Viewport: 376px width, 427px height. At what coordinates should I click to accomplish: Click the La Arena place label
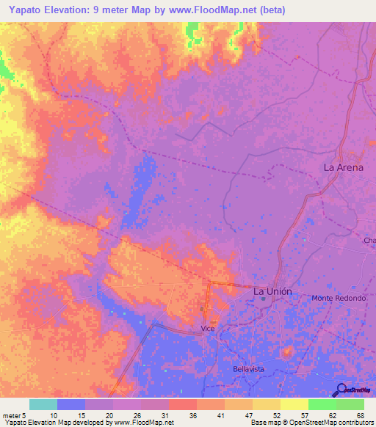coord(344,167)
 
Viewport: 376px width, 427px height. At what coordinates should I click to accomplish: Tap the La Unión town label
coord(272,291)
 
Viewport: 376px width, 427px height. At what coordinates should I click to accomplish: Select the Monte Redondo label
coord(339,298)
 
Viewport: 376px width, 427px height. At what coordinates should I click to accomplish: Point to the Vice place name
coord(208,330)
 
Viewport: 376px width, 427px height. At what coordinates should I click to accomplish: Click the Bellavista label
coord(247,368)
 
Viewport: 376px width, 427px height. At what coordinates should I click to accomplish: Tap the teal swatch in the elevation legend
coord(43,404)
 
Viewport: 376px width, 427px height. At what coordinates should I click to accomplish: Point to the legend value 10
coord(54,415)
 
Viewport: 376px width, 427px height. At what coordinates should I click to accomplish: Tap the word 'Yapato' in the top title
coord(26,10)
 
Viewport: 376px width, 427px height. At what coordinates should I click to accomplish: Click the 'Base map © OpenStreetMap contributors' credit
coord(311,423)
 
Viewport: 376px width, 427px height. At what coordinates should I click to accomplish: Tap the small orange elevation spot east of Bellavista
coord(288,352)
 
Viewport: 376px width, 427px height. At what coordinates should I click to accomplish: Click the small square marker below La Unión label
coord(262,299)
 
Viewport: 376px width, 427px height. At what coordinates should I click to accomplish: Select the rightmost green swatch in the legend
coord(350,404)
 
